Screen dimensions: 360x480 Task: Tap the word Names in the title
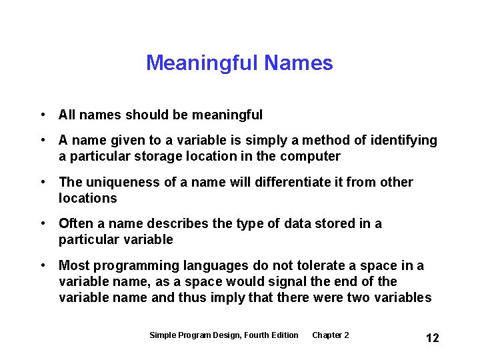(x=298, y=63)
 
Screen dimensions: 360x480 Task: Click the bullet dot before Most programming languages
(x=43, y=266)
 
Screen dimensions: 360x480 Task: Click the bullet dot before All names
(x=43, y=115)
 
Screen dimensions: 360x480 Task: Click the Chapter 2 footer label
(x=330, y=335)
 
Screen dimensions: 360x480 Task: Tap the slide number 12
(x=432, y=338)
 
